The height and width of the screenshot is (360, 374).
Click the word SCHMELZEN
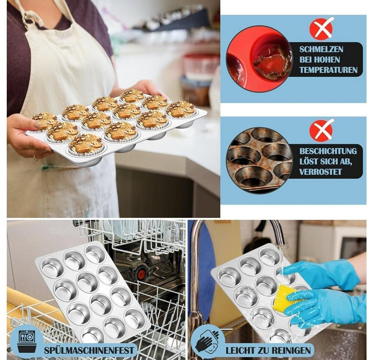321,49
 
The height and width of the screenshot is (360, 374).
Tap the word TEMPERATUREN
328,70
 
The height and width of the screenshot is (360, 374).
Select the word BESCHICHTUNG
328,151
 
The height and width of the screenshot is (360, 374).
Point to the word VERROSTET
320,172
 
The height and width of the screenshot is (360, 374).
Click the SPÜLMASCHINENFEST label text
89,350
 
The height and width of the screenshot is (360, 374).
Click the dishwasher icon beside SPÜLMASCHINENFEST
27,341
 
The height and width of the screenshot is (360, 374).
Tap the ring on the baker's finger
35,158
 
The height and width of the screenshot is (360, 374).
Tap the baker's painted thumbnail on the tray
38,124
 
